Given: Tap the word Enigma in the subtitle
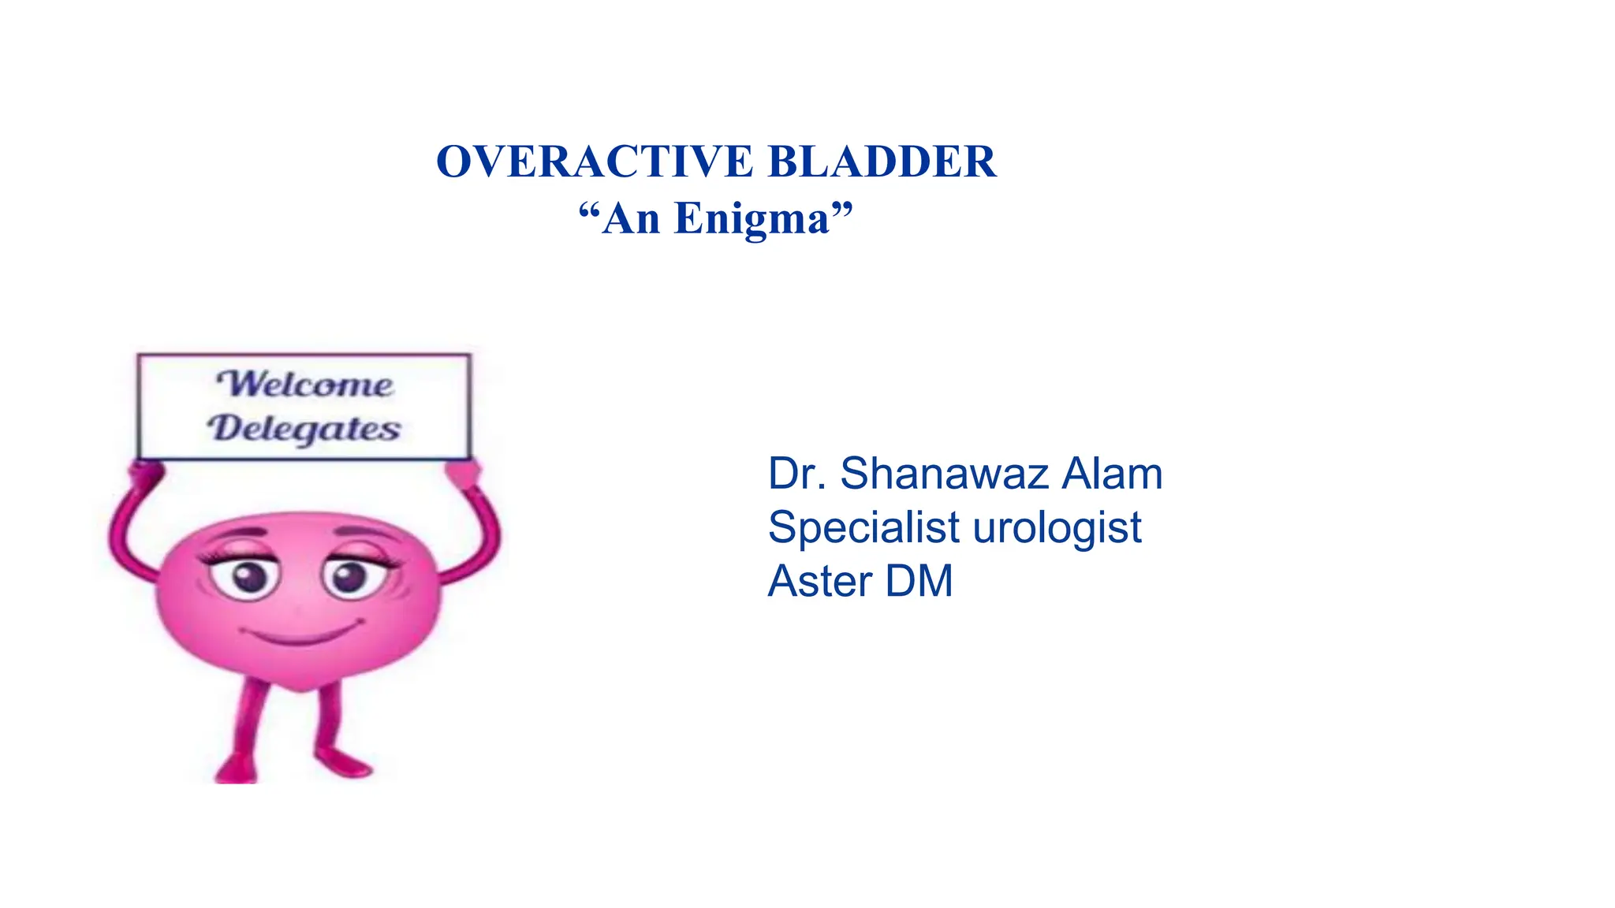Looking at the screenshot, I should tap(752, 219).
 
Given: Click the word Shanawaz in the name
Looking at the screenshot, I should tap(944, 474).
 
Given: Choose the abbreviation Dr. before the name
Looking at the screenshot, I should tap(797, 474).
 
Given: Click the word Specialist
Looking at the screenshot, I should tap(864, 527).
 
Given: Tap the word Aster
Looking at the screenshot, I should tap(819, 581).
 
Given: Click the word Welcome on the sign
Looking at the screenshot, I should tap(305, 385).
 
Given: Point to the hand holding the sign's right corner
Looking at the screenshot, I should tap(462, 474).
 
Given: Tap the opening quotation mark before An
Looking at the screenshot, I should tap(589, 211).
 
